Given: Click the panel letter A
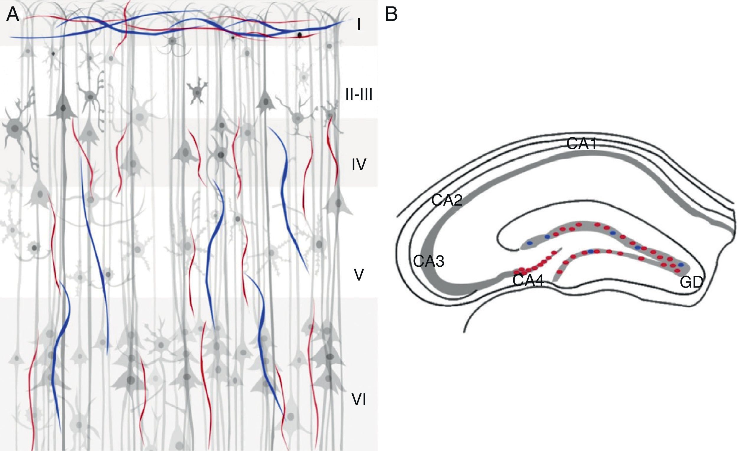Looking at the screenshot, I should tap(13, 15).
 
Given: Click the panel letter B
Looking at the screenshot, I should tap(391, 15).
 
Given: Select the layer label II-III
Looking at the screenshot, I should tap(359, 95).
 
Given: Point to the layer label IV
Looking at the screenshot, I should tap(359, 165).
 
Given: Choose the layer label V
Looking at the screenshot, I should tap(359, 275).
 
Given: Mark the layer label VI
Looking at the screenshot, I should tap(359, 400).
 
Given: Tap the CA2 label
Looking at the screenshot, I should tap(447, 200).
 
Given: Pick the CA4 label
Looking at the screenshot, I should tap(528, 281).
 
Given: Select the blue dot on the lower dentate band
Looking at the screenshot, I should tap(590, 251).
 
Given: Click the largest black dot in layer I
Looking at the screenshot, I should tap(299, 35).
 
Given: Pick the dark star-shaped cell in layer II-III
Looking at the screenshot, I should tap(197, 92).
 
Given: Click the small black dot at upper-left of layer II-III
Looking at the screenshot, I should tap(53, 54).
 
